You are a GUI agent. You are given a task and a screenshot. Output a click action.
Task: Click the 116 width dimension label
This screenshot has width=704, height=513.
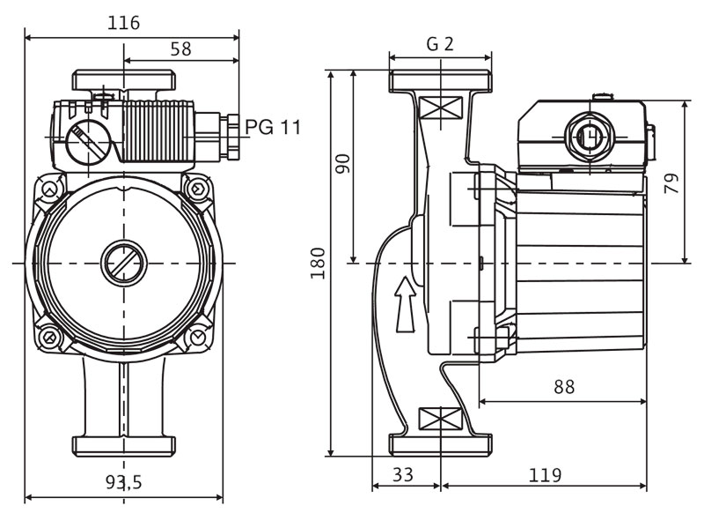pyautogui.click(x=124, y=23)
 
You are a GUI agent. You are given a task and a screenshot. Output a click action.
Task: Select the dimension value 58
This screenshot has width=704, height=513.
pyautogui.click(x=180, y=49)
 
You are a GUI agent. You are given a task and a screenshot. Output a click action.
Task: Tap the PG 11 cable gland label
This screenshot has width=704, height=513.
pyautogui.click(x=273, y=127)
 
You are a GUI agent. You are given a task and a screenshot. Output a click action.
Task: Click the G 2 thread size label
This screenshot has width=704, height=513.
pyautogui.click(x=440, y=44)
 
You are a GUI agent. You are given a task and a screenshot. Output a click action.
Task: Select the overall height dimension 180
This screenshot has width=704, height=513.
pyautogui.click(x=319, y=263)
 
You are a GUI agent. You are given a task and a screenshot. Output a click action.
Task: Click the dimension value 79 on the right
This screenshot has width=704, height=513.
pyautogui.click(x=672, y=185)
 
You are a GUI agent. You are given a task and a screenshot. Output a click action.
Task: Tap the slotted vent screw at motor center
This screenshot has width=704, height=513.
pyautogui.click(x=124, y=263)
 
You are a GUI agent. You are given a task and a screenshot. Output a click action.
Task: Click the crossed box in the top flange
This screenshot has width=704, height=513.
pyautogui.click(x=440, y=108)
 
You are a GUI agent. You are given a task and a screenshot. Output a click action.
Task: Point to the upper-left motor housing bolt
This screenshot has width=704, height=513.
pyautogui.click(x=51, y=190)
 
